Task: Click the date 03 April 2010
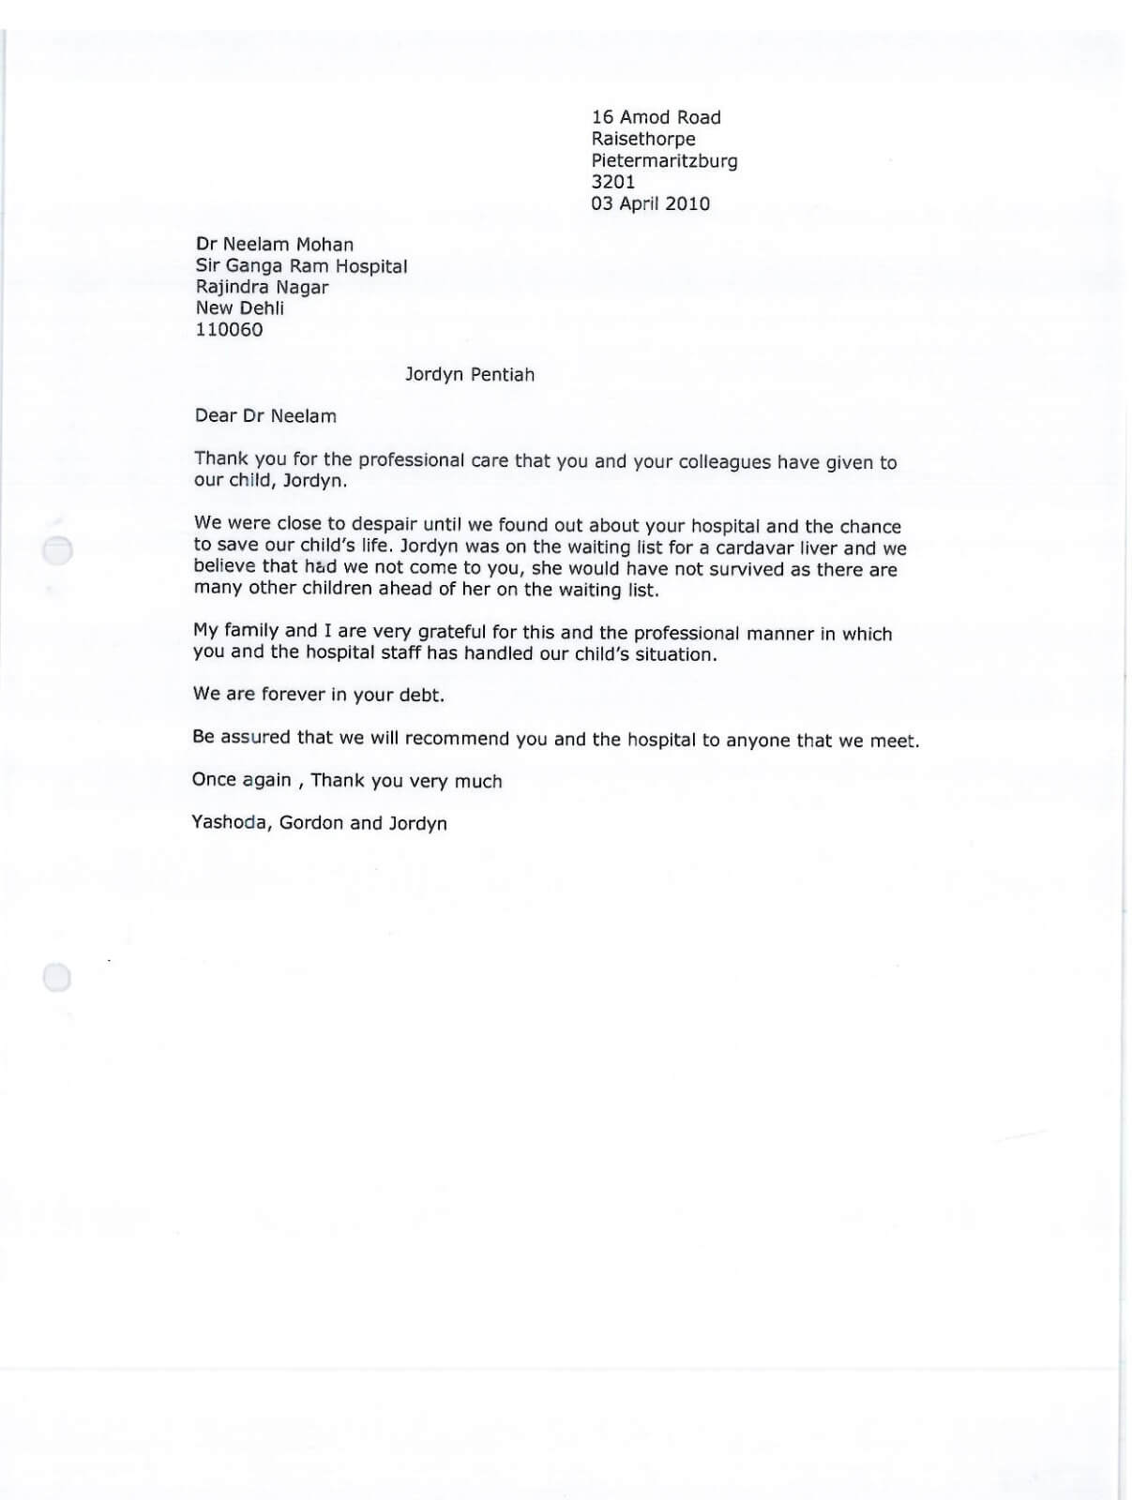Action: click(650, 203)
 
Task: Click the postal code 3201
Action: click(612, 182)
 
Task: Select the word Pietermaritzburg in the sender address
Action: click(664, 160)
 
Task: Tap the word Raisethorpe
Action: click(642, 139)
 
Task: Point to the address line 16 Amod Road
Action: click(656, 117)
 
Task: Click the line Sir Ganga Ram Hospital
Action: click(301, 266)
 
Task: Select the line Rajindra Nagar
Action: click(262, 287)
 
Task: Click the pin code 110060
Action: click(229, 330)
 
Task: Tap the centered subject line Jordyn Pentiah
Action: click(469, 375)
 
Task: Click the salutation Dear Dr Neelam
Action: click(265, 416)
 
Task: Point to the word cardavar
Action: click(757, 548)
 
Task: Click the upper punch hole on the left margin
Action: click(58, 550)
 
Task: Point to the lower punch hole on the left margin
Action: click(57, 978)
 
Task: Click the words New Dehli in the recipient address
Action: click(239, 308)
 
